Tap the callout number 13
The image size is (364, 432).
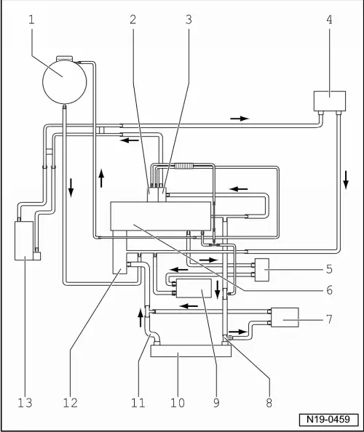[x=24, y=402]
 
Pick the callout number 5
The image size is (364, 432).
[x=328, y=268]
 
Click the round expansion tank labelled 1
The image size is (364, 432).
[x=63, y=79]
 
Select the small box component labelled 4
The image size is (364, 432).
[x=329, y=100]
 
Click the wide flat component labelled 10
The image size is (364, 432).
[x=190, y=351]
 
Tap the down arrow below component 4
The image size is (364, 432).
[x=346, y=177]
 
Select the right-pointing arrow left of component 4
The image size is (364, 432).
[x=240, y=117]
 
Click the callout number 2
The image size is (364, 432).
[x=133, y=19]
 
